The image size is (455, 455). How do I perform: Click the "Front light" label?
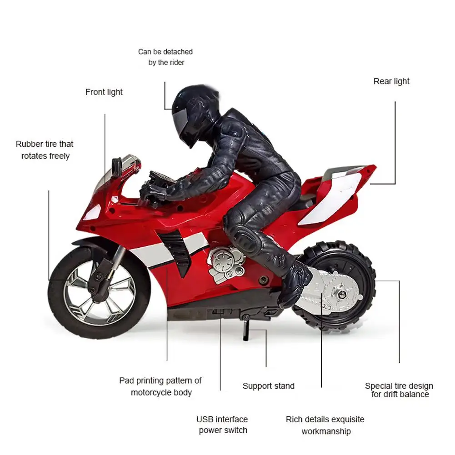[x=104, y=92]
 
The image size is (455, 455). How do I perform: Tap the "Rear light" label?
[x=391, y=81]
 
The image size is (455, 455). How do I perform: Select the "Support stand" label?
[x=269, y=386]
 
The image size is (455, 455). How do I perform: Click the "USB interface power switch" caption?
[x=222, y=425]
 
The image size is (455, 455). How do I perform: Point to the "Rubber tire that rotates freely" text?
[x=45, y=150]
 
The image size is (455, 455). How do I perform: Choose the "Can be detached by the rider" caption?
[x=165, y=57]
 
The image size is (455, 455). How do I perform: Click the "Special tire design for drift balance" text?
[x=399, y=390]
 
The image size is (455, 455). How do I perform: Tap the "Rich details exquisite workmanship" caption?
[x=325, y=425]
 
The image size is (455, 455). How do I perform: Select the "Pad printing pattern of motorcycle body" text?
[x=160, y=386]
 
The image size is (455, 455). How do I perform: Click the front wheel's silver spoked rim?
[x=99, y=292]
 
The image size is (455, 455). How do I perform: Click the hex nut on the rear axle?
[x=342, y=295]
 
